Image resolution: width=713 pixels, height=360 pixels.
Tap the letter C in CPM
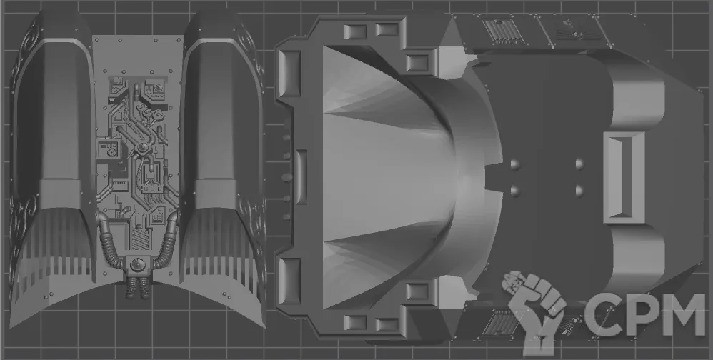point(600,314)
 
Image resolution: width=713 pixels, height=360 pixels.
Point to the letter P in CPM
point(638,314)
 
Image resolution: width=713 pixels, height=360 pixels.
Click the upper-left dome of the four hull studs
point(515,164)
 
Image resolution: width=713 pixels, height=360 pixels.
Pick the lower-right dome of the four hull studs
point(580,191)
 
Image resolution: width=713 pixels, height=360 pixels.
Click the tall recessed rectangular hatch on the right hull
point(624,178)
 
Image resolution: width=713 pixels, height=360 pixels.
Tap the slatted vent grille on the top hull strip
point(502,32)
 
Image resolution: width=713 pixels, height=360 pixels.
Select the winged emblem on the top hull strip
point(571,30)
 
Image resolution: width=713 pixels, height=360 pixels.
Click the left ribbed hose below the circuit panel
point(109,246)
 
